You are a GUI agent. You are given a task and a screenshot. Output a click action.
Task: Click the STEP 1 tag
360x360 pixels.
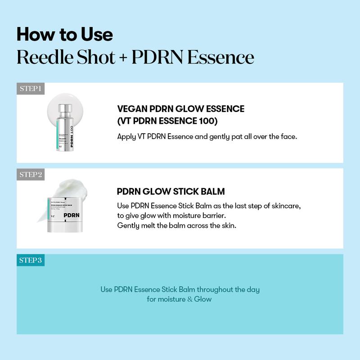31,88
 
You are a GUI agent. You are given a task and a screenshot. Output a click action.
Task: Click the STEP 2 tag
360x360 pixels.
31,174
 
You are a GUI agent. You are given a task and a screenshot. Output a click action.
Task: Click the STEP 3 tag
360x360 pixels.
31,260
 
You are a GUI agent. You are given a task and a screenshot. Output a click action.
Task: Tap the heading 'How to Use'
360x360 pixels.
65,35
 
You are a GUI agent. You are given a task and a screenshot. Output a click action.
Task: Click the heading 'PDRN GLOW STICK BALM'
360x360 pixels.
171,191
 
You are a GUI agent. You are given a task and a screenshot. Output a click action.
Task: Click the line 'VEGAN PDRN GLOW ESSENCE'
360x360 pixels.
180,109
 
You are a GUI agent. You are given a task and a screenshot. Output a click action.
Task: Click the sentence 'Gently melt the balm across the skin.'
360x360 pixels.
176,225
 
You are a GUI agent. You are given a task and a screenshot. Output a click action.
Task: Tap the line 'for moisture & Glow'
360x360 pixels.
179,299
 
